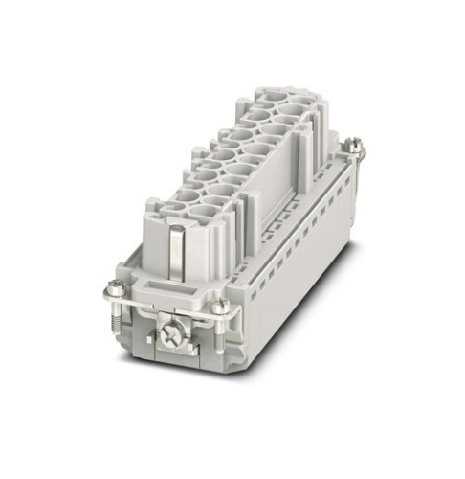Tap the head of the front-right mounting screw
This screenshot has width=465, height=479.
[221, 306]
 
